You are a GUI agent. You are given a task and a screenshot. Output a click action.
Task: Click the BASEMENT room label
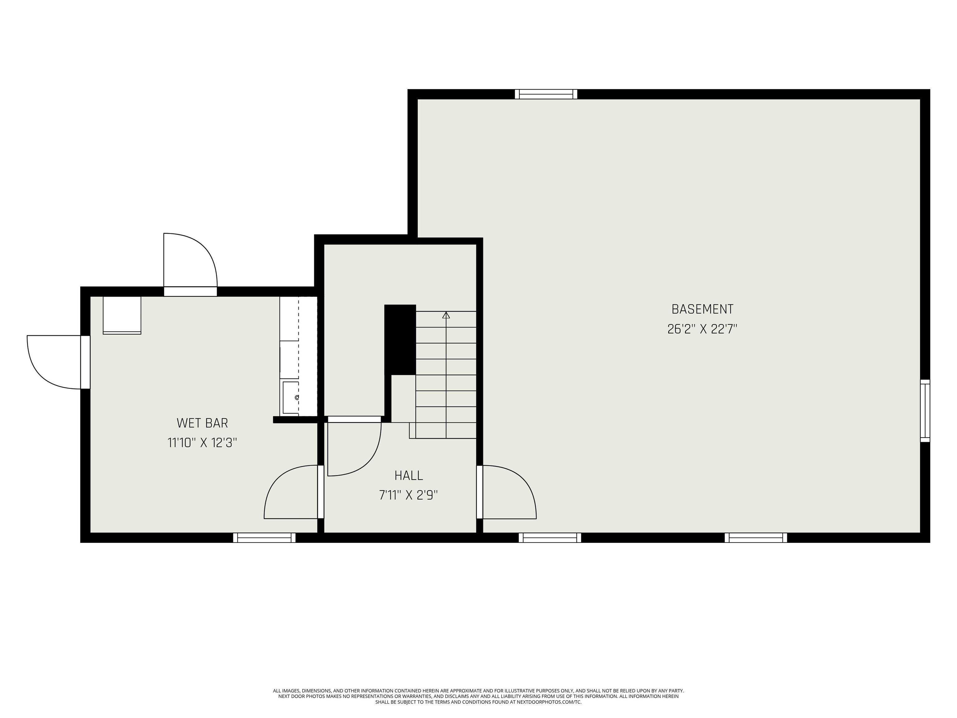(702, 309)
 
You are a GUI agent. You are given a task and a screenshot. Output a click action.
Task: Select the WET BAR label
(202, 423)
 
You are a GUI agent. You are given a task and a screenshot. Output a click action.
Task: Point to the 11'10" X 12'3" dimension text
(202, 443)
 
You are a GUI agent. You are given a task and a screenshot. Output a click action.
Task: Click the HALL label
(408, 476)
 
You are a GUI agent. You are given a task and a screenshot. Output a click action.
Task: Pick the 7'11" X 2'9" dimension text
(408, 495)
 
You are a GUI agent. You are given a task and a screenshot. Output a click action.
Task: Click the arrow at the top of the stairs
(446, 315)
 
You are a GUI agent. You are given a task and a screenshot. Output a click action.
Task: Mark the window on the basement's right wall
(925, 411)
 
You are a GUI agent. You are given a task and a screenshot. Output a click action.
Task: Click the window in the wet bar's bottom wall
(264, 538)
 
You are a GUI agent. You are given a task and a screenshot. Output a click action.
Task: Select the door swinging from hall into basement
(508, 492)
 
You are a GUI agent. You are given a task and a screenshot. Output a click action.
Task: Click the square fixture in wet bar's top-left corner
(122, 315)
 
